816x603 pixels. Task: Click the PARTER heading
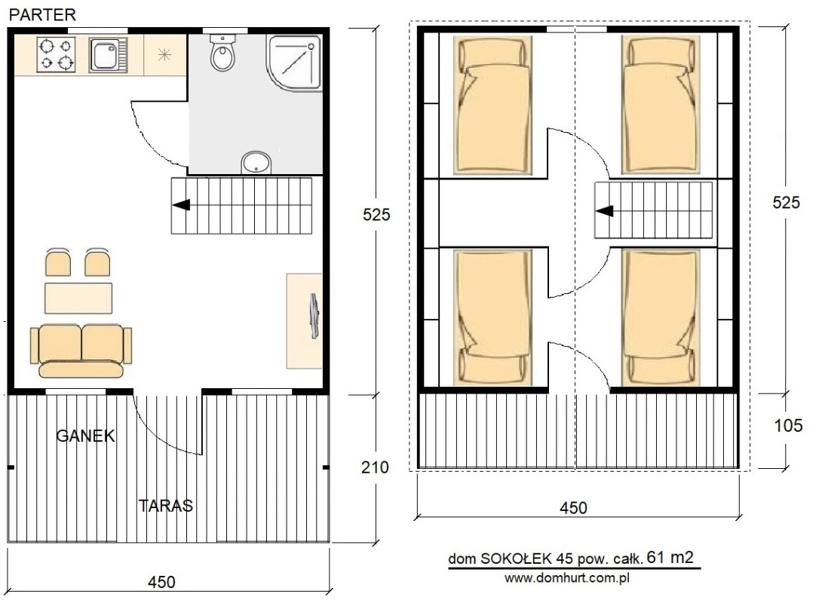43,14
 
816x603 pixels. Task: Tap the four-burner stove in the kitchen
57,54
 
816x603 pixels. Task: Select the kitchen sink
109,54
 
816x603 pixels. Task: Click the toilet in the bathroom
223,52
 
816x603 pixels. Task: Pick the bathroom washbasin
256,163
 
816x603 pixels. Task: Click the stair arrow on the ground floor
181,205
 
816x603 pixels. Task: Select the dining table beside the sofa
78,298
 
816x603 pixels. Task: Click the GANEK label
85,436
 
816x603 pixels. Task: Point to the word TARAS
165,506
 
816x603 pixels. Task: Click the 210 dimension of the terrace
375,467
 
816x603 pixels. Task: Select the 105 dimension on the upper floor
788,426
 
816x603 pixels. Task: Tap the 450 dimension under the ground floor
161,582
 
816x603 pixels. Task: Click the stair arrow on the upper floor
605,211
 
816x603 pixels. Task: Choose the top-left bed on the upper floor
492,105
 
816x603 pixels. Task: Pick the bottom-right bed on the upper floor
661,318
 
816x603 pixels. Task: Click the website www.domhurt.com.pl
566,577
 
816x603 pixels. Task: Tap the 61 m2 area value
670,557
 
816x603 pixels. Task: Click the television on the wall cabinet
314,316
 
